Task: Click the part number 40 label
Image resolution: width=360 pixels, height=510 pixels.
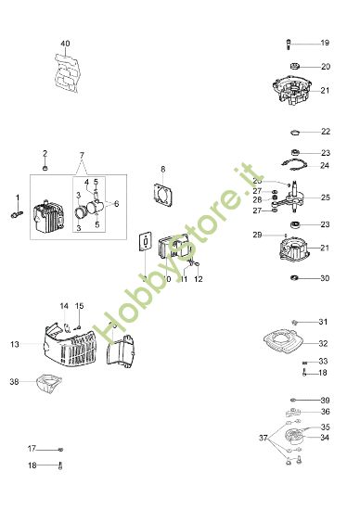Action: tap(65, 44)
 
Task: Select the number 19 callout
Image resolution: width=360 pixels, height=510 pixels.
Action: tap(324, 44)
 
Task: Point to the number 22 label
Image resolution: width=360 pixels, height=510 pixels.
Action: tap(325, 132)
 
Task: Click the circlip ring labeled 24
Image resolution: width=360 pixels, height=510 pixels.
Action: tap(294, 166)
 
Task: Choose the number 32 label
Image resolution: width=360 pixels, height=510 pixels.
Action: tap(324, 343)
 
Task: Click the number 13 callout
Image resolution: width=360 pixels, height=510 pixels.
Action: tap(15, 344)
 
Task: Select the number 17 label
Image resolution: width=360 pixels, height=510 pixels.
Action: tap(32, 448)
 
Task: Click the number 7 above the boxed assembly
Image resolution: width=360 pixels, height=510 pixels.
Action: tap(81, 153)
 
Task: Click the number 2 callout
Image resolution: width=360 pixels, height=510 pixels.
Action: tap(44, 153)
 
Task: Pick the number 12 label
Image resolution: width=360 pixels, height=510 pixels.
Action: tap(198, 278)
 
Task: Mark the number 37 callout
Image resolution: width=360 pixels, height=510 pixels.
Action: tap(263, 437)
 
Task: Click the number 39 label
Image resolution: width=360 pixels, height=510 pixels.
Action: tap(324, 400)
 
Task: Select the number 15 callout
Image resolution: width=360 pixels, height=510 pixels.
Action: tap(79, 306)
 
